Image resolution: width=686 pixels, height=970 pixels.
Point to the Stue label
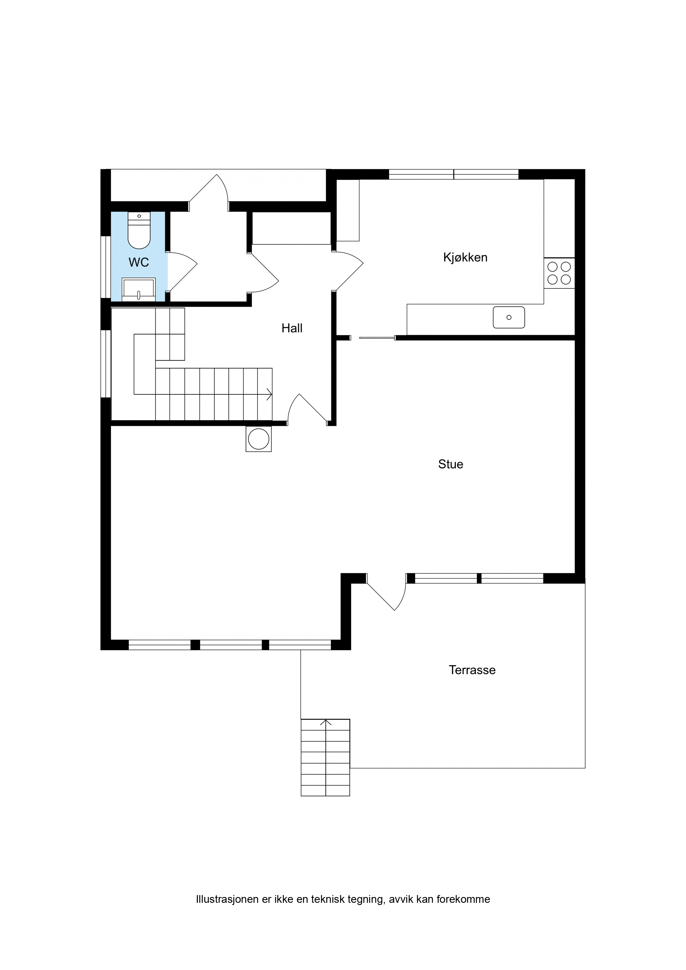coord(451,464)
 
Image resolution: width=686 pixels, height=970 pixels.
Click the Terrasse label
coord(472,670)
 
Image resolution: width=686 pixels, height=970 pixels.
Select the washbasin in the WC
coord(139,290)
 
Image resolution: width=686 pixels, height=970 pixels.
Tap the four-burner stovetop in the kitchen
coord(559,273)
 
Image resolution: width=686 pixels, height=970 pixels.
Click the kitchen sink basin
coord(509,317)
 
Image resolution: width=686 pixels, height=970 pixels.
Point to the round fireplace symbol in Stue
coord(259,439)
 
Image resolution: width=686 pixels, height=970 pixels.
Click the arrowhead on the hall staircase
coord(269,394)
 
